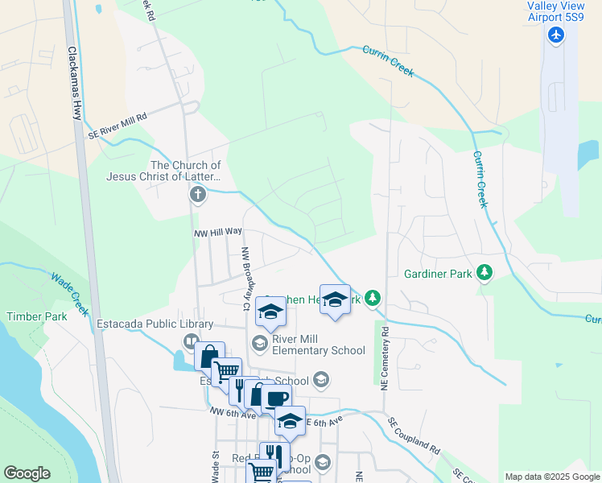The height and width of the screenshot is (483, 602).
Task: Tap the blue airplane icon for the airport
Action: [555, 35]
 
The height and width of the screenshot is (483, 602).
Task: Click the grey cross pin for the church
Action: [198, 194]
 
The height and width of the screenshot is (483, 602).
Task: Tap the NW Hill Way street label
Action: [218, 232]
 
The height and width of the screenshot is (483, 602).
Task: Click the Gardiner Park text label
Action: [437, 274]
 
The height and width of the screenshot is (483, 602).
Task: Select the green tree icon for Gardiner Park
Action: [484, 273]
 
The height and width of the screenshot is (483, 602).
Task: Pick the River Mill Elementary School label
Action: [318, 345]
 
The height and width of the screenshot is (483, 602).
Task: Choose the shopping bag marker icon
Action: [208, 355]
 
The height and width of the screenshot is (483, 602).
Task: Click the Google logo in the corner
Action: [27, 473]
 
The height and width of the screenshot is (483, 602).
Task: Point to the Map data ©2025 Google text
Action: [552, 477]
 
